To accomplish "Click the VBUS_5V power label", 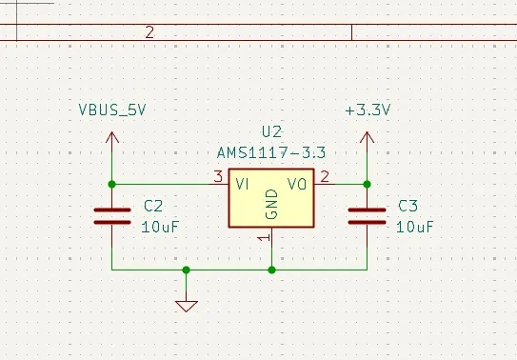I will (x=112, y=110).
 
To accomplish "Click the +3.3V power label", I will (x=368, y=110).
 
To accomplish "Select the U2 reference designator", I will (x=271, y=131).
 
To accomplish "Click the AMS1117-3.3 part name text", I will (x=271, y=152).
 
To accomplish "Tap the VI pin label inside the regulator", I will (x=244, y=184).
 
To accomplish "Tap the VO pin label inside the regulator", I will (x=298, y=184).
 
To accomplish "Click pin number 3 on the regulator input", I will (x=218, y=176).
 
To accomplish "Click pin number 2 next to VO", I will (x=325, y=176).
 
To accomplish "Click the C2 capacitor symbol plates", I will (x=112, y=216).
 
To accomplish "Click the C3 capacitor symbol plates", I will (x=368, y=216).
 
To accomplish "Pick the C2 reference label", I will (x=153, y=206).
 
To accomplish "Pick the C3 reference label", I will (x=408, y=206).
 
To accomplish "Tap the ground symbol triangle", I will (x=187, y=306).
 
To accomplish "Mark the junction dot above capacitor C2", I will (x=112, y=184).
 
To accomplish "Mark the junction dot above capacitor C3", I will (x=368, y=184).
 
